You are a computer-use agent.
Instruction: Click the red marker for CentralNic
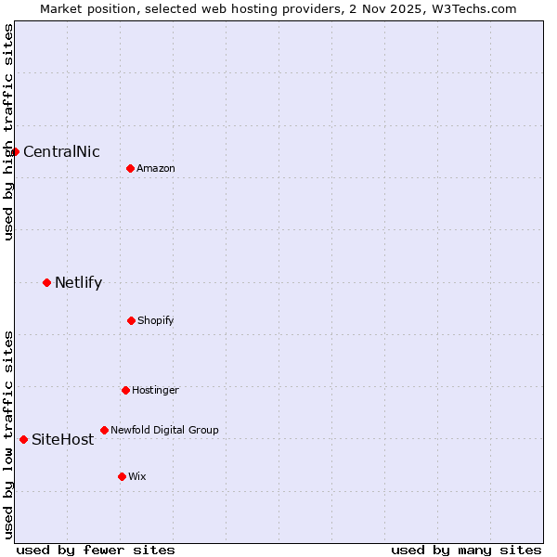click(15, 151)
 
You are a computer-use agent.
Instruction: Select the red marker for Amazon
click(130, 168)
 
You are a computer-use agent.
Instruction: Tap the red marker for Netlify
click(46, 282)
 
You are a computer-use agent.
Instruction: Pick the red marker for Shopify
click(131, 320)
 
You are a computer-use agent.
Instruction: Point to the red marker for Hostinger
click(125, 390)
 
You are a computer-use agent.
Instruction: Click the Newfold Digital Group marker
click(104, 430)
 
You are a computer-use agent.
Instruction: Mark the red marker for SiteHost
click(23, 439)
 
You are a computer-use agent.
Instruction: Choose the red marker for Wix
click(122, 476)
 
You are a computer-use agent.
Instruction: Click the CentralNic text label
click(61, 152)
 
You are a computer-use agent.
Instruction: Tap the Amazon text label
click(156, 168)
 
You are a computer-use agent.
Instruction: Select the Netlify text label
click(78, 283)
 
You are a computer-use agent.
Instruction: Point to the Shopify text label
click(156, 320)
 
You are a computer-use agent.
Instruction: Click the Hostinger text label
click(155, 390)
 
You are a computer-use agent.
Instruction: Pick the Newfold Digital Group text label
click(164, 430)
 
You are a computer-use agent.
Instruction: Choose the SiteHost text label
click(62, 440)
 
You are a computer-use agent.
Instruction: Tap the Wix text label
click(137, 476)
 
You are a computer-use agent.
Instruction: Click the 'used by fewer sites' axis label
click(96, 550)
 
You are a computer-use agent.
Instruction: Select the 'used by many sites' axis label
click(466, 550)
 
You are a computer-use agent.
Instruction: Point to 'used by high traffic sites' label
click(8, 132)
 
